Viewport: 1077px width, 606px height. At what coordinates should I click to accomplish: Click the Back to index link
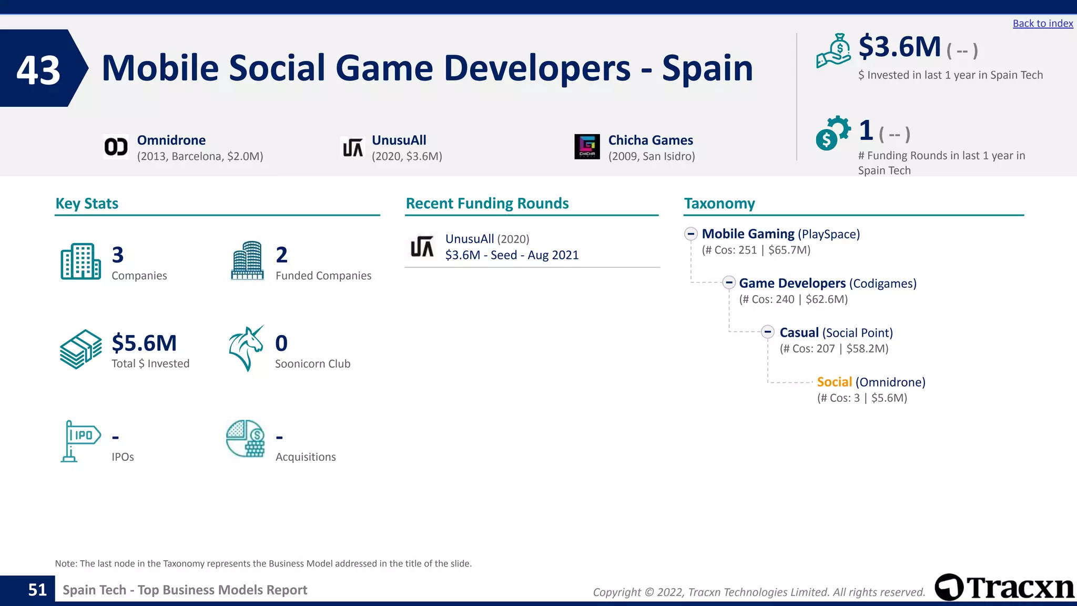[1042, 24]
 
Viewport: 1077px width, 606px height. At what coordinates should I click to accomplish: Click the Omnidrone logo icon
[116, 147]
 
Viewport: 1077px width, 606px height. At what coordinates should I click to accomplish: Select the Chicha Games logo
[587, 147]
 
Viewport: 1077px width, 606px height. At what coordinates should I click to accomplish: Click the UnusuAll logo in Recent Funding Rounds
[422, 247]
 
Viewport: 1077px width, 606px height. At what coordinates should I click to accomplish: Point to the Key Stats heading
[87, 204]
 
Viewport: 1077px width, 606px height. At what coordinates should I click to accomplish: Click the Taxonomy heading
[719, 204]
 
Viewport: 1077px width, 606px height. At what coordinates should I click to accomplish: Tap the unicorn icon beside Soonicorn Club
[246, 348]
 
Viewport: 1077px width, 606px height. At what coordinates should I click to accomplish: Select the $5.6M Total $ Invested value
[144, 343]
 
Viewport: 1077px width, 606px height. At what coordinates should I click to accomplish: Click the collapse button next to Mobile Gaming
[691, 234]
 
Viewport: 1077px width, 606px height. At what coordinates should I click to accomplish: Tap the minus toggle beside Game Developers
[728, 283]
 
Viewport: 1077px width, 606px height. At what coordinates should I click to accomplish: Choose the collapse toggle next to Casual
[768, 332]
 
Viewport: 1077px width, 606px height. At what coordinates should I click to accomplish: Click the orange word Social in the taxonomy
[834, 382]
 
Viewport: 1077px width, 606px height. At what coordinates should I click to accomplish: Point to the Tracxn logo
[1004, 587]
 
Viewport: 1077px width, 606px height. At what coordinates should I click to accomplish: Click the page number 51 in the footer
[37, 590]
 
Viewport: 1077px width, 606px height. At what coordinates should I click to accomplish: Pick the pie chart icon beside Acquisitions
[245, 439]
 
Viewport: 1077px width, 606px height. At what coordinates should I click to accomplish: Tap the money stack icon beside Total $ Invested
[80, 349]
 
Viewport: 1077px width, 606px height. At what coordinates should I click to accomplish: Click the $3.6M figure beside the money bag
[899, 47]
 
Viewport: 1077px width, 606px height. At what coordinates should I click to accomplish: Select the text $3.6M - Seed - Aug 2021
[512, 255]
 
